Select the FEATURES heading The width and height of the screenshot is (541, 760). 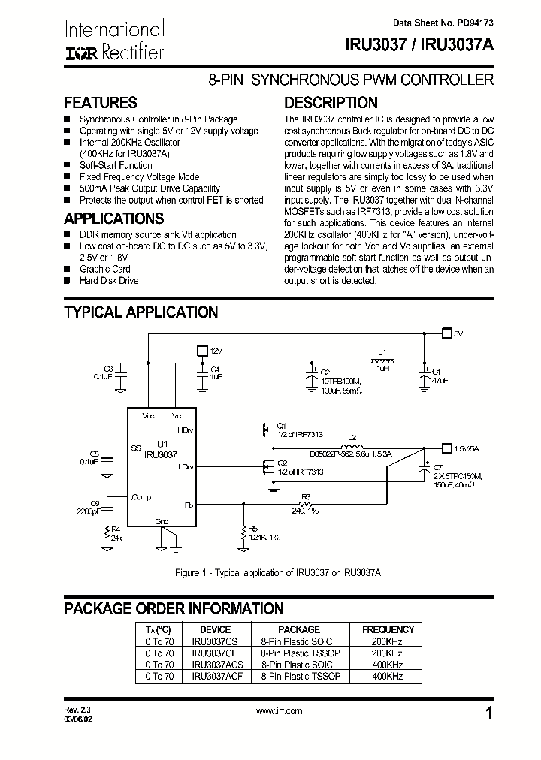100,103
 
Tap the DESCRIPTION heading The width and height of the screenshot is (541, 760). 331,103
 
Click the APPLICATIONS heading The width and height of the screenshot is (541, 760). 113,219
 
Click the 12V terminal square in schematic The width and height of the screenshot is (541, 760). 201,350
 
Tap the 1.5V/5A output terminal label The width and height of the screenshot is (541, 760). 467,448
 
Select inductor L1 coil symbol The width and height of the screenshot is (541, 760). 382,360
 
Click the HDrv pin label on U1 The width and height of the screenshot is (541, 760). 185,430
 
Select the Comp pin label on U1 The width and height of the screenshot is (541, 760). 141,497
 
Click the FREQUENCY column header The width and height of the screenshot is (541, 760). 388,629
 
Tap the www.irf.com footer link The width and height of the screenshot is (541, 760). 279,710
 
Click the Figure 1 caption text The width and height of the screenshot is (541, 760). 279,572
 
